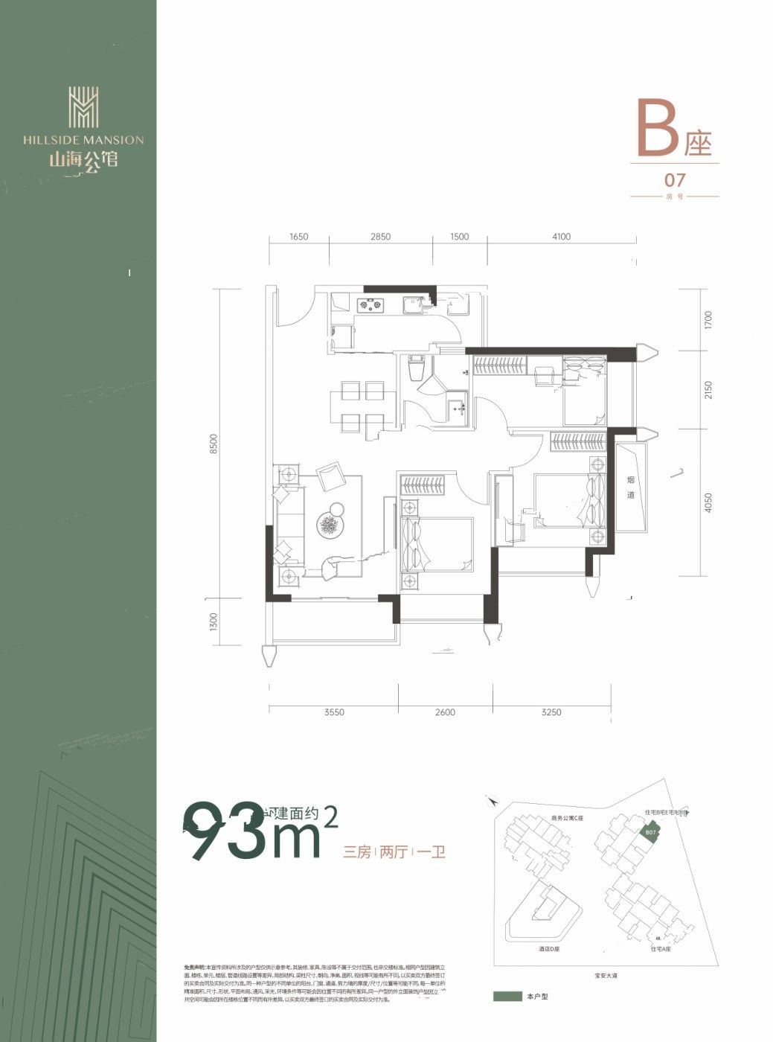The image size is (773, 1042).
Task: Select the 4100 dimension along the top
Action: click(561, 237)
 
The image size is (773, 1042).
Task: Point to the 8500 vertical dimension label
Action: click(214, 444)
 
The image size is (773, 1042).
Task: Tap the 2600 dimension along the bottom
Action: click(445, 712)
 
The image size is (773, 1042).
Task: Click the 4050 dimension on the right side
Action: click(708, 503)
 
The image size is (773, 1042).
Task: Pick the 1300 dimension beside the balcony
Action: click(214, 621)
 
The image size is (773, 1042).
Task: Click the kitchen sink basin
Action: click(411, 304)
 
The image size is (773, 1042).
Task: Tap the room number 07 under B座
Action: click(675, 180)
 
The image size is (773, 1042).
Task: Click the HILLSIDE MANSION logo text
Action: click(83, 139)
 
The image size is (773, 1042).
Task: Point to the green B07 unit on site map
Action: click(649, 832)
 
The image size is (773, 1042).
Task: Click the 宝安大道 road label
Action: click(606, 975)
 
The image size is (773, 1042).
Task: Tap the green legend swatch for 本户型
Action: click(507, 996)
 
